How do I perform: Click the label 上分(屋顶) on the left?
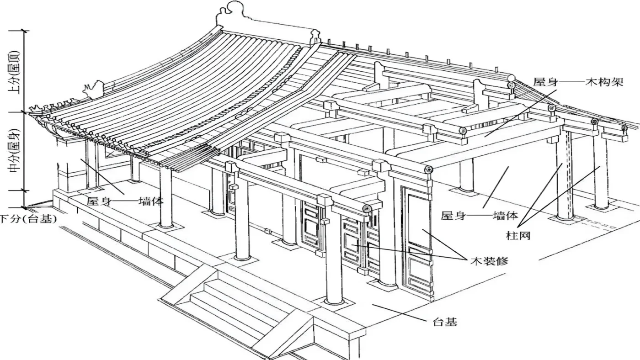point(14,72)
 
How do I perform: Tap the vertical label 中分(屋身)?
point(14,151)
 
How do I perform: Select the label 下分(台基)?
point(28,219)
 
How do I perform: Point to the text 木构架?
point(604,82)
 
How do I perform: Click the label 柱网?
point(518,236)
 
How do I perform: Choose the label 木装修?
point(489,261)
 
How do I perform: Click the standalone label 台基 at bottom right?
point(445,322)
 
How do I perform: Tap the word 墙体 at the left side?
point(151,201)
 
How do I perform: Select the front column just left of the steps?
point(242,214)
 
